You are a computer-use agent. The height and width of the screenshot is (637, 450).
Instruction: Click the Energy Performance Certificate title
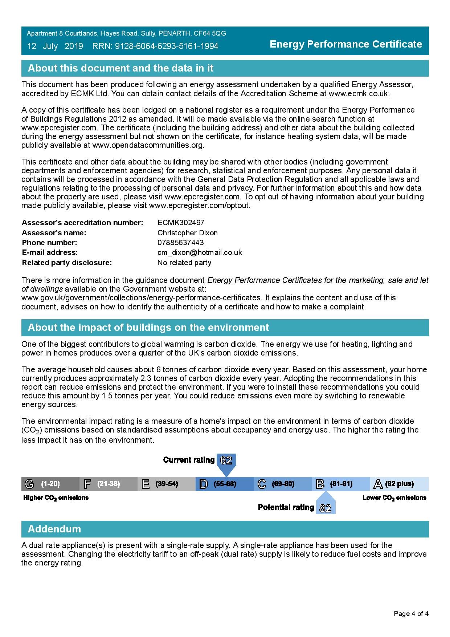[x=346, y=44]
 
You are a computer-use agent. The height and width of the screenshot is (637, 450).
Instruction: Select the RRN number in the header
[x=155, y=46]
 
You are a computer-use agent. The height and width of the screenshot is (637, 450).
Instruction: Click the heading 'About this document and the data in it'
[x=120, y=68]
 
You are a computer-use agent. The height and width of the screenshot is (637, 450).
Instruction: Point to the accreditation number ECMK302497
[x=181, y=223]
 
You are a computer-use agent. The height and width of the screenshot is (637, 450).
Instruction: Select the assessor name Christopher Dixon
[x=187, y=233]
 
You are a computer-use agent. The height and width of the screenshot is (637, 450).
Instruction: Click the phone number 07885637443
[x=180, y=243]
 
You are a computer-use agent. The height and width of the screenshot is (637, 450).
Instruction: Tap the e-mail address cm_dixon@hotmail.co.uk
[x=200, y=252]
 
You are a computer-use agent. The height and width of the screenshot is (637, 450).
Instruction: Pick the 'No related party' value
[x=184, y=263]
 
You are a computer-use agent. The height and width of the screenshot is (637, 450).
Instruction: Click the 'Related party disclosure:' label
[x=67, y=263]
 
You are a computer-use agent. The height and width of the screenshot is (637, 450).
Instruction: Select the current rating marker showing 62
[x=226, y=460]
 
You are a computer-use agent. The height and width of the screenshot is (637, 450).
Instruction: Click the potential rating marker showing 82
[x=326, y=507]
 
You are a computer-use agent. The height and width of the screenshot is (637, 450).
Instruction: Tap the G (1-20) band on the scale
[x=50, y=484]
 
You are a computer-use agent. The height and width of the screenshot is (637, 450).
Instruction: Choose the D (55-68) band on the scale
[x=224, y=484]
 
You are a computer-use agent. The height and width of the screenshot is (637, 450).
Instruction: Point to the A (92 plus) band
[x=399, y=484]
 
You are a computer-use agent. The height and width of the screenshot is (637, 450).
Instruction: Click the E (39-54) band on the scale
[x=166, y=484]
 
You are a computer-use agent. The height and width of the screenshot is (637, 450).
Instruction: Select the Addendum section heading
[x=54, y=529]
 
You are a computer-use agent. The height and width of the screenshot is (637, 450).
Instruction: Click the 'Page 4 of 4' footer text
[x=411, y=614]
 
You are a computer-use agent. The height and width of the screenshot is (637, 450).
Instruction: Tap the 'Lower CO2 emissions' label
[x=394, y=498]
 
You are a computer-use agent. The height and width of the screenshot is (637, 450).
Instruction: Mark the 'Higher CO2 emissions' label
[x=56, y=498]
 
